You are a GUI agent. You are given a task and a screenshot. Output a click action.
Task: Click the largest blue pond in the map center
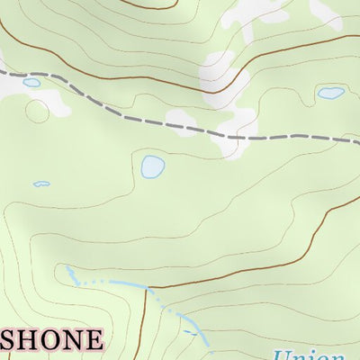pyautogui.click(x=153, y=166)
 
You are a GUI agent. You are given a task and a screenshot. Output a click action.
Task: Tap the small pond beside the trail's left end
pyautogui.click(x=31, y=83)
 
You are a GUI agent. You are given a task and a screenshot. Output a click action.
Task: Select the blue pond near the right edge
pyautogui.click(x=330, y=92)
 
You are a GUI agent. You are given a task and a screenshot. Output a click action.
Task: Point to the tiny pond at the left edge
pyautogui.click(x=41, y=184)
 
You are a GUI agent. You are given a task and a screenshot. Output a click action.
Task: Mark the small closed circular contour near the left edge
pyautogui.click(x=37, y=111)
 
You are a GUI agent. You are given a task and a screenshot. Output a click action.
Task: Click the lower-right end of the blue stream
pyautogui.click(x=207, y=343)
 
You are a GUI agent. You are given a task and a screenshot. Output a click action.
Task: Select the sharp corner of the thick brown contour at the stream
pyautogui.click(x=146, y=288)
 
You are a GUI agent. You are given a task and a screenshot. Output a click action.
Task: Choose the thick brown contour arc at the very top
pyautogui.click(x=148, y=5)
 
